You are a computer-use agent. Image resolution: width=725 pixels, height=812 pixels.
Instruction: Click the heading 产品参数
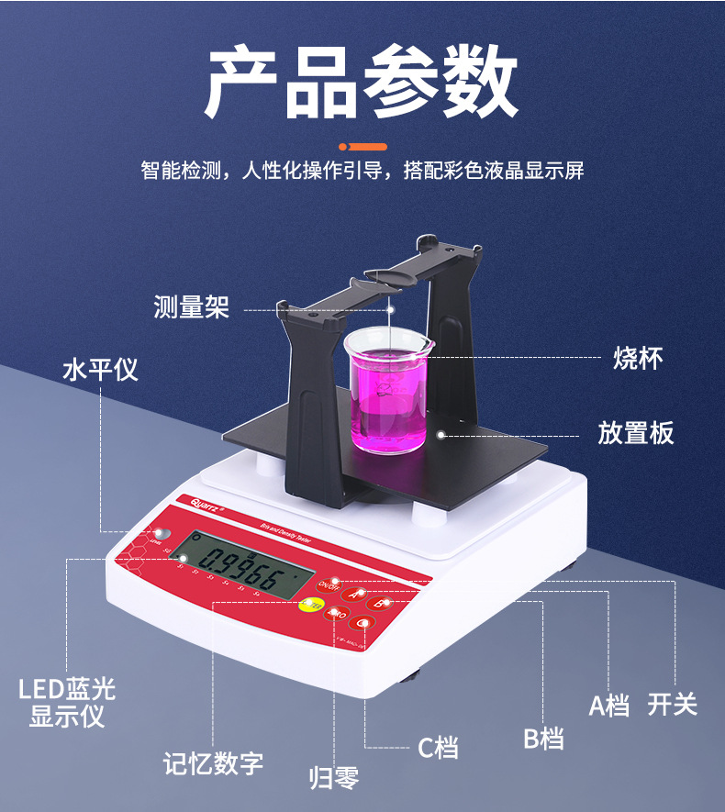pyautogui.click(x=362, y=83)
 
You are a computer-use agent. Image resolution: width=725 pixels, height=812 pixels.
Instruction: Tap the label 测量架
pyautogui.click(x=191, y=307)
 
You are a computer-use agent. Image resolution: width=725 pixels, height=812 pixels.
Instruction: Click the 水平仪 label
pyautogui.click(x=100, y=370)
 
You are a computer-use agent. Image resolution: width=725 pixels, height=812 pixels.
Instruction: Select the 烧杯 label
pyautogui.click(x=637, y=358)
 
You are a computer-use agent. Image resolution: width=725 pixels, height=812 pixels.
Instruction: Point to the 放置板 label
pyautogui.click(x=636, y=432)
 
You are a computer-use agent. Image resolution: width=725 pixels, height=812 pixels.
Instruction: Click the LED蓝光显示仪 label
pyautogui.click(x=67, y=702)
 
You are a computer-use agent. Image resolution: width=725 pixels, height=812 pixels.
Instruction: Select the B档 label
pyautogui.click(x=543, y=738)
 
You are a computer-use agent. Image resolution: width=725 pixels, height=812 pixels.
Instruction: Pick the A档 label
pyautogui.click(x=608, y=706)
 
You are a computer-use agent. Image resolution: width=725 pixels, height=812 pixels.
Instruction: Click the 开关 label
pyautogui.click(x=673, y=705)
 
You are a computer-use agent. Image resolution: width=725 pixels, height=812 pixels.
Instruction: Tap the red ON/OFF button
pyautogui.click(x=329, y=584)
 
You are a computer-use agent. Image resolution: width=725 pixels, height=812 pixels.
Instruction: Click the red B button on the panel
pyautogui.click(x=381, y=604)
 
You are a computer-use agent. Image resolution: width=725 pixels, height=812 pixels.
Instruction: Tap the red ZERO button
pyautogui.click(x=337, y=612)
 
